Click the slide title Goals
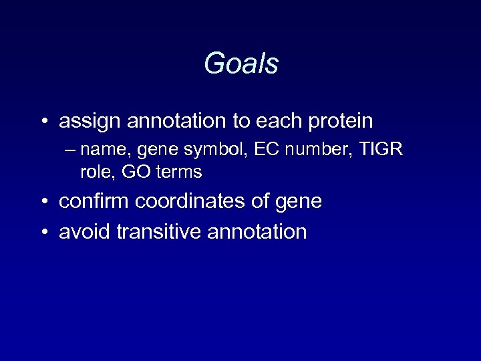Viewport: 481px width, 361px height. coord(240,64)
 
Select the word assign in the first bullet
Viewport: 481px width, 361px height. coord(86,122)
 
